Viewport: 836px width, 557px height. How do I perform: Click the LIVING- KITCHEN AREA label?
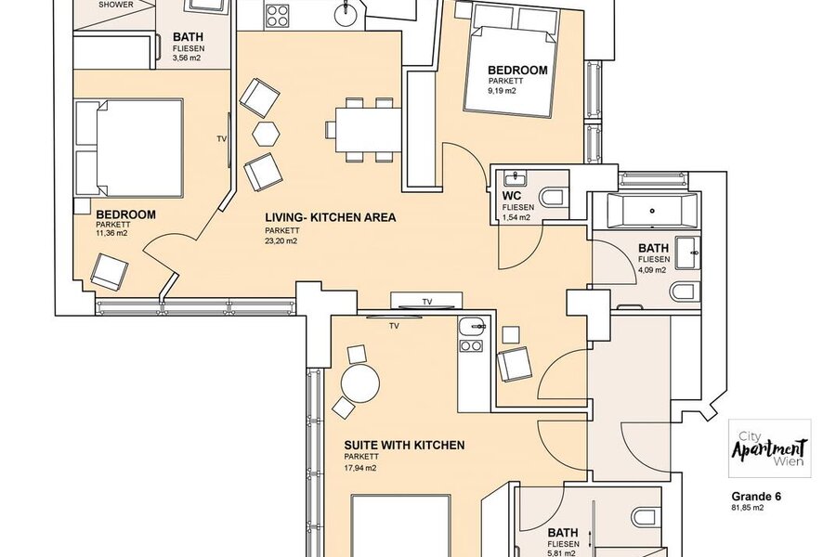pyautogui.click(x=331, y=217)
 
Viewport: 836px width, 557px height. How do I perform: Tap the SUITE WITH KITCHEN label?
pyautogui.click(x=404, y=445)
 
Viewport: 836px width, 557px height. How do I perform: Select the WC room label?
pyautogui.click(x=511, y=196)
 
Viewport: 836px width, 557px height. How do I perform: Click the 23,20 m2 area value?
pyautogui.click(x=281, y=241)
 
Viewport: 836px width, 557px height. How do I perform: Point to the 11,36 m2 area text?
pyautogui.click(x=112, y=233)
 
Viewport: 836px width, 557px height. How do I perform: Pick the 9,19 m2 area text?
pyautogui.click(x=503, y=91)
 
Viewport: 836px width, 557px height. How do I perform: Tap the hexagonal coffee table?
pyautogui.click(x=266, y=134)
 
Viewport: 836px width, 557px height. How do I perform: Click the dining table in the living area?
pyautogui.click(x=369, y=130)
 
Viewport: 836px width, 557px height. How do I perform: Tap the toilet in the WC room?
pyautogui.click(x=553, y=196)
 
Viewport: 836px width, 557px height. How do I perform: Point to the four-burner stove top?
pyautogui.click(x=276, y=15)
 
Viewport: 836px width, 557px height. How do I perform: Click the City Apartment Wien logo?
pyautogui.click(x=770, y=448)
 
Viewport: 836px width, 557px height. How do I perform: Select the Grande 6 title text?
pyautogui.click(x=756, y=497)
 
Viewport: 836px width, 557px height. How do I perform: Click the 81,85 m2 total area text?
pyautogui.click(x=748, y=508)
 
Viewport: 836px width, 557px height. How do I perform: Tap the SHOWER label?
pyautogui.click(x=116, y=5)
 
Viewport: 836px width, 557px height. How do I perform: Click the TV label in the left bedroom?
pyautogui.click(x=222, y=139)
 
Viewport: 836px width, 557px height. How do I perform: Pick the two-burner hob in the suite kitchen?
pyautogui.click(x=470, y=346)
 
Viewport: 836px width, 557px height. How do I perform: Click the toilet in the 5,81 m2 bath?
pyautogui.click(x=645, y=517)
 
